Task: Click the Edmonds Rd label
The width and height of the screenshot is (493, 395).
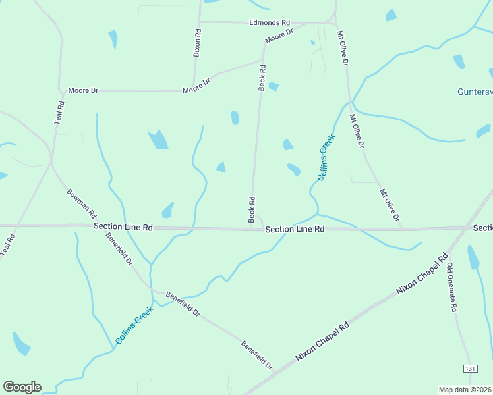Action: click(270, 22)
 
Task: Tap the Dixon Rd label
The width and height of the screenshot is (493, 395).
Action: click(197, 42)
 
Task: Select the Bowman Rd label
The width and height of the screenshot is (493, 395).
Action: click(82, 204)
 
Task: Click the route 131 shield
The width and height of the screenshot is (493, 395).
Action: click(470, 368)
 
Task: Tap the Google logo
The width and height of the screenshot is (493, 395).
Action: click(22, 387)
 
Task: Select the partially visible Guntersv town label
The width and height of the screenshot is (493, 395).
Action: click(475, 92)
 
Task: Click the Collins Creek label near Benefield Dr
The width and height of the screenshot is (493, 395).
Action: click(134, 326)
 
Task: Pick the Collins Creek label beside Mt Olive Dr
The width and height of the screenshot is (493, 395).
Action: click(326, 157)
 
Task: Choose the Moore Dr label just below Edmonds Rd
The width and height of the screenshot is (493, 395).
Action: click(279, 36)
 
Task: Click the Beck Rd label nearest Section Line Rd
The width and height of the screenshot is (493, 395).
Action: click(252, 209)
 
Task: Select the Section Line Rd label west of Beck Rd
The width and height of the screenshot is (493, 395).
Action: click(123, 226)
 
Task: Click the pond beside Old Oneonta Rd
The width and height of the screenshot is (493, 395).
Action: click(473, 257)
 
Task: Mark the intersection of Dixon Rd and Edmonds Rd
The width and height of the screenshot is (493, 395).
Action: click(199, 22)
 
